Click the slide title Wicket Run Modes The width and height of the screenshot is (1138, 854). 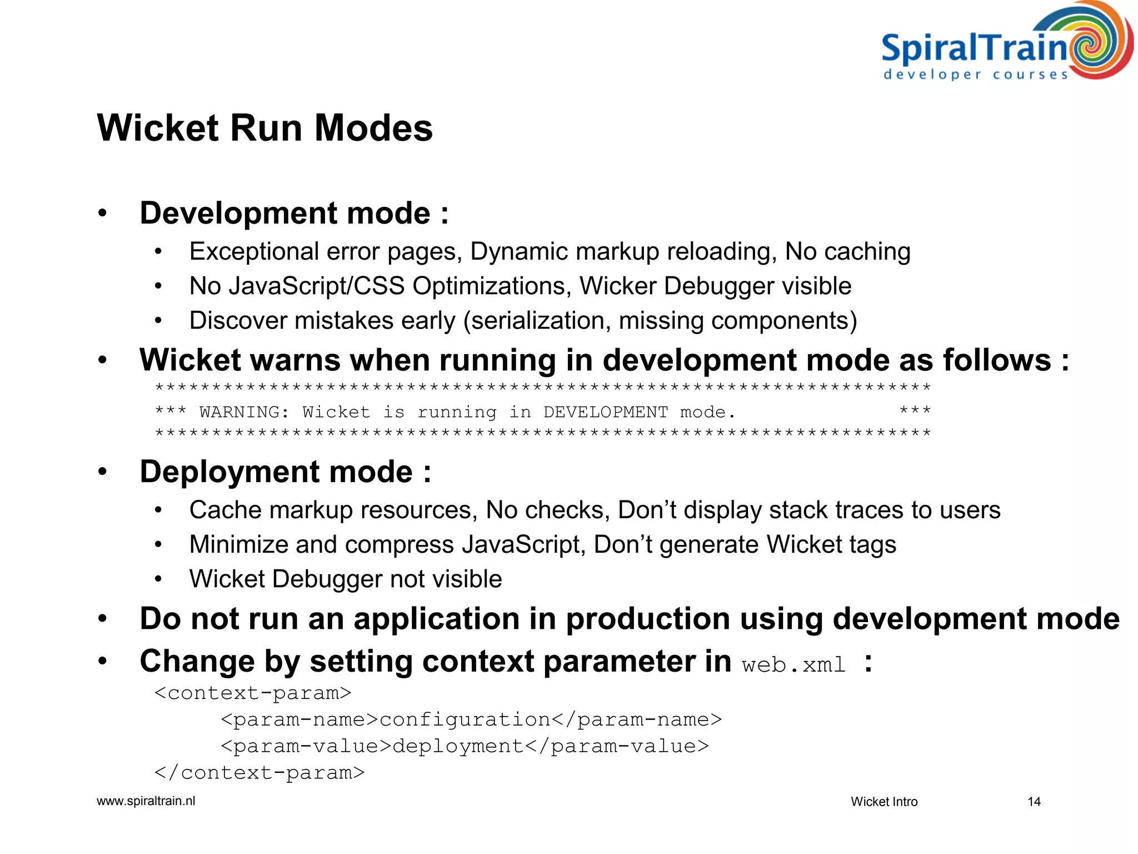[x=264, y=128]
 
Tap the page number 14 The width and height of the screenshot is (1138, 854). [x=1034, y=802]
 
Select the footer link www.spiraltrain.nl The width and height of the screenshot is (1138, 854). [x=146, y=801]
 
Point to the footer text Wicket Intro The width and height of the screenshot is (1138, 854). [x=884, y=802]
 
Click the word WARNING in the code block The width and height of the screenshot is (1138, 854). [x=244, y=412]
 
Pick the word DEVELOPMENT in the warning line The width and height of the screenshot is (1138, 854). [x=605, y=412]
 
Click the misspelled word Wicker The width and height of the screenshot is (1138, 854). [x=618, y=286]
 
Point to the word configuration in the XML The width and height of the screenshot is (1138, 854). [x=465, y=719]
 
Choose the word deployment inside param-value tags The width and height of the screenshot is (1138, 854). [x=458, y=746]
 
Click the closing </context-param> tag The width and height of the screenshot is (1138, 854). [x=259, y=773]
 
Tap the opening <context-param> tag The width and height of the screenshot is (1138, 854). [x=253, y=693]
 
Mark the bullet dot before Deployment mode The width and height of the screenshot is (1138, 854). [x=102, y=472]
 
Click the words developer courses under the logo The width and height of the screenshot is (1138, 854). [x=976, y=75]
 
